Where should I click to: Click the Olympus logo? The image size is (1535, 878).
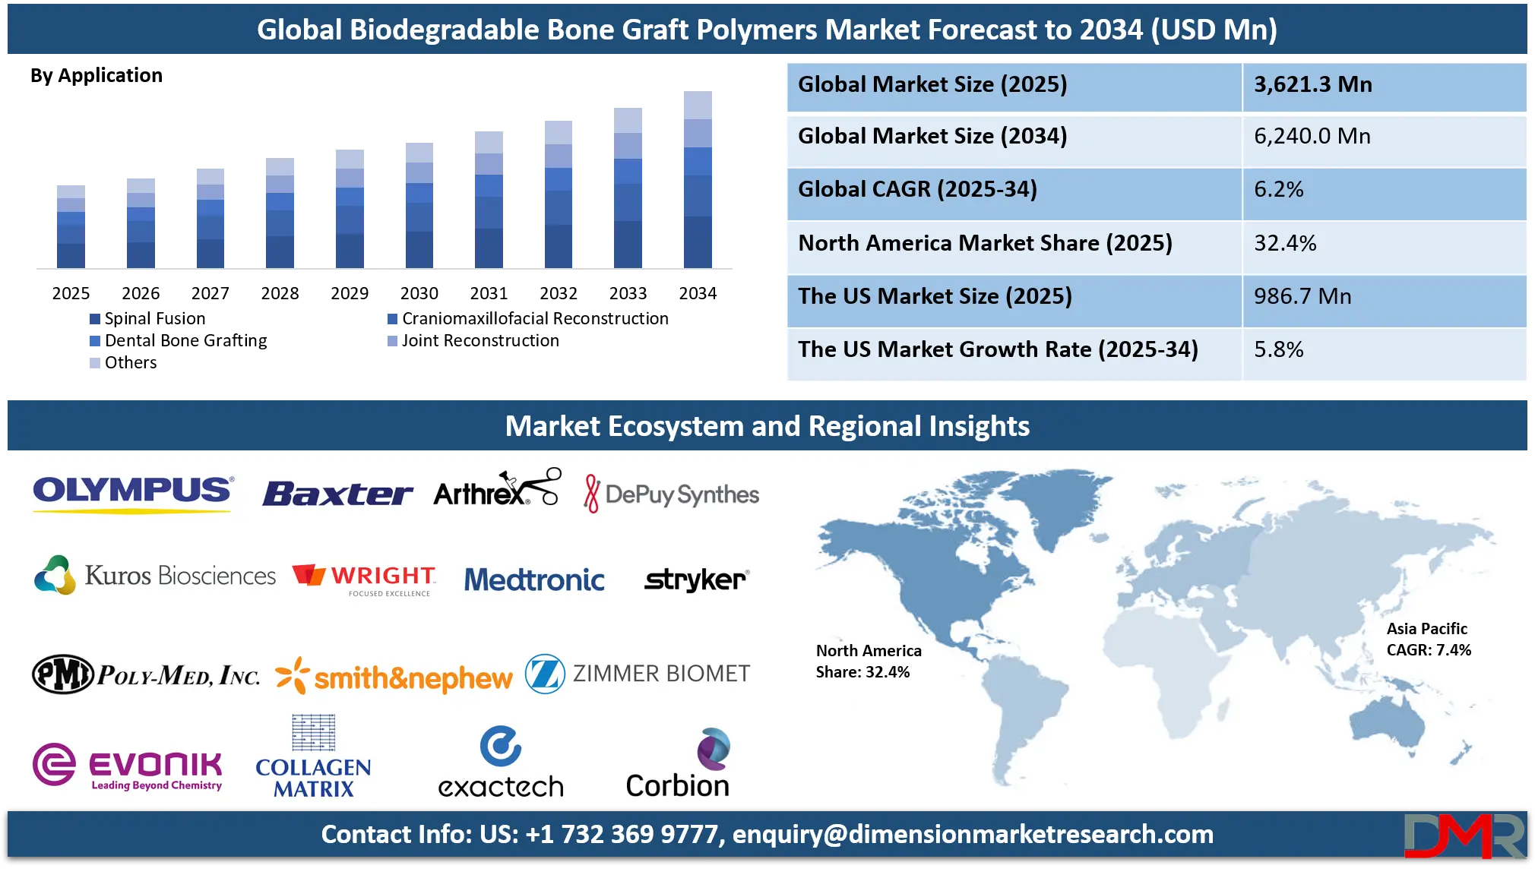133,491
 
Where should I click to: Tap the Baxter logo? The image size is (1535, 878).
337,494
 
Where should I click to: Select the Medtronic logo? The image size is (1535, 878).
534,580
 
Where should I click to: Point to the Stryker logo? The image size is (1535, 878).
695,580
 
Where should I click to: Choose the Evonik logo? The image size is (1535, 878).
128,766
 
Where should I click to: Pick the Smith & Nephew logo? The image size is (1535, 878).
394,677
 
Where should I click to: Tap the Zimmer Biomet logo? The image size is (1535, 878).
638,674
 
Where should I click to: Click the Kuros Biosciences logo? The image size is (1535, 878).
155,576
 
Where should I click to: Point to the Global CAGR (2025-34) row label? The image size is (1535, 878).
917,190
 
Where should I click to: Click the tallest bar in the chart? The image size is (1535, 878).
699,181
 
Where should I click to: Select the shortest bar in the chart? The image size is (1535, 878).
70,226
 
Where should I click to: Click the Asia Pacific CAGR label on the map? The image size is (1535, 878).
1429,640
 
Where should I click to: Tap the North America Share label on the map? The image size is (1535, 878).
869,662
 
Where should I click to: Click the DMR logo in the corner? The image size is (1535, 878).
1464,835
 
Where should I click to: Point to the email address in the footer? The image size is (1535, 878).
973,835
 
